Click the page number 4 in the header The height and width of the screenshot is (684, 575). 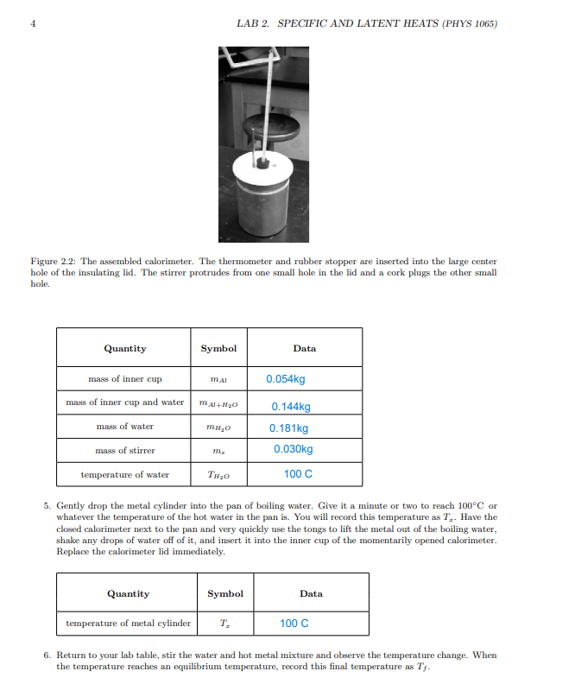[x=34, y=23]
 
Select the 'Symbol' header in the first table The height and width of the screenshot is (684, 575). [x=218, y=348]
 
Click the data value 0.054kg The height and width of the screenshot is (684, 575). [x=285, y=379]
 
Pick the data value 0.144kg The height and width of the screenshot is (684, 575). [x=290, y=407]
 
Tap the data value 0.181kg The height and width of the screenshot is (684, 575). [x=288, y=427]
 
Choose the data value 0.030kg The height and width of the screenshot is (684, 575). [x=293, y=449]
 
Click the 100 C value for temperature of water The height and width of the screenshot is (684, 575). [x=298, y=474]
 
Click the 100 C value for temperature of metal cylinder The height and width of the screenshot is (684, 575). [x=294, y=623]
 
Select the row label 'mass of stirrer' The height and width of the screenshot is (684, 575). [x=125, y=450]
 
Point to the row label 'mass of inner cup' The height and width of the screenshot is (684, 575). [x=125, y=379]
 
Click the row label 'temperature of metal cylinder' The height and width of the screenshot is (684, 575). [x=129, y=623]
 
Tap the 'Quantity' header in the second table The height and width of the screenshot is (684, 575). [x=128, y=593]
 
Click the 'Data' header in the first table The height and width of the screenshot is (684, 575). [x=304, y=348]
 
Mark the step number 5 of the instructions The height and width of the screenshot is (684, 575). [x=47, y=505]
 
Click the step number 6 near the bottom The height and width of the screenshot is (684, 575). [x=47, y=655]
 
